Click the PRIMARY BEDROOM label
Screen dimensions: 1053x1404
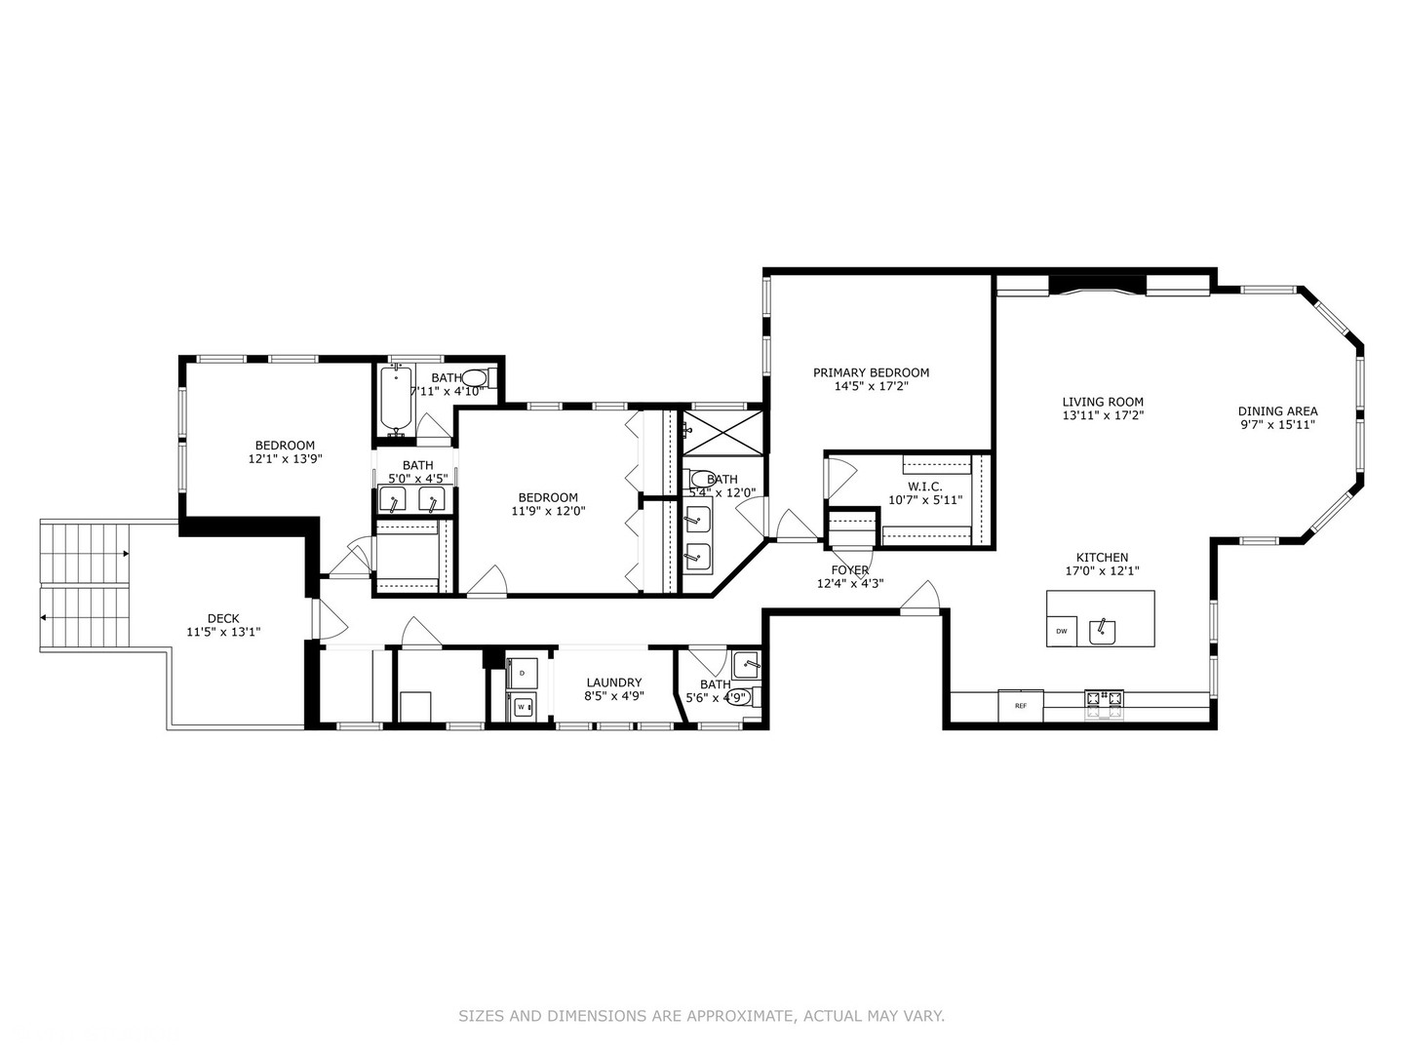click(871, 372)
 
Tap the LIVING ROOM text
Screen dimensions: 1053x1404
click(1103, 402)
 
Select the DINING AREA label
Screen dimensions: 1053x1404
click(1277, 411)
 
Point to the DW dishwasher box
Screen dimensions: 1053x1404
click(1062, 631)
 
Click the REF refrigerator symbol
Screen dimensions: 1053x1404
click(1021, 705)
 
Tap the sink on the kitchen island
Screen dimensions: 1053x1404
click(1103, 630)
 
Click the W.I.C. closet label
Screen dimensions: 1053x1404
click(924, 487)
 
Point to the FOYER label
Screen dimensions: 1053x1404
click(850, 570)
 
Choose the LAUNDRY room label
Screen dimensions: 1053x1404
click(613, 682)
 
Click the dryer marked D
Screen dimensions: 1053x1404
click(522, 674)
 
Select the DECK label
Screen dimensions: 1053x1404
click(223, 618)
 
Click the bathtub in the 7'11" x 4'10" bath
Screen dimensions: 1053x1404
click(395, 400)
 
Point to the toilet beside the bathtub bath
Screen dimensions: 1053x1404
click(475, 378)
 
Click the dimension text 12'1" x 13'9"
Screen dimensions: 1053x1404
click(285, 458)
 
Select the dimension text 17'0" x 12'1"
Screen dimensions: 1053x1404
click(1102, 571)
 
